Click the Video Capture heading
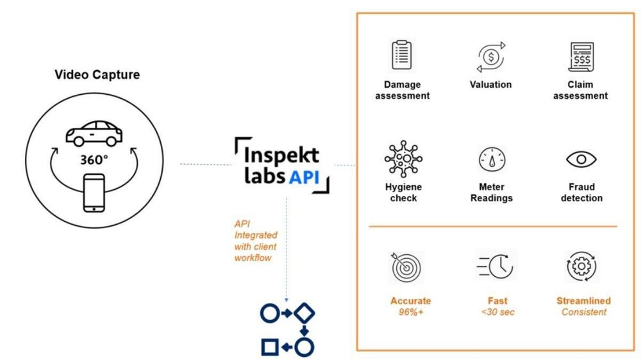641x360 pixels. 97,75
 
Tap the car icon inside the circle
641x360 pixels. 94,133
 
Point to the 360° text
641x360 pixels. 94,160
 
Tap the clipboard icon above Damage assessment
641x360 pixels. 401,55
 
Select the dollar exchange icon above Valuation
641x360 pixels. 490,56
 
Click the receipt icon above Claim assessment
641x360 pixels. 581,56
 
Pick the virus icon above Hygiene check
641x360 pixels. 401,159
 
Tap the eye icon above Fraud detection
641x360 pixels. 581,159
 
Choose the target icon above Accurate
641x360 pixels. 405,266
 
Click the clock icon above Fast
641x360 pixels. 495,265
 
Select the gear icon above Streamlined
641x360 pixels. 582,266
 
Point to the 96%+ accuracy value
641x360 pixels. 410,312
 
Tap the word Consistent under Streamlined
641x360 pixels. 583,312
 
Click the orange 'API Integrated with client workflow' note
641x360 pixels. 256,241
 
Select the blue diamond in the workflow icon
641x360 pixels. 305,313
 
